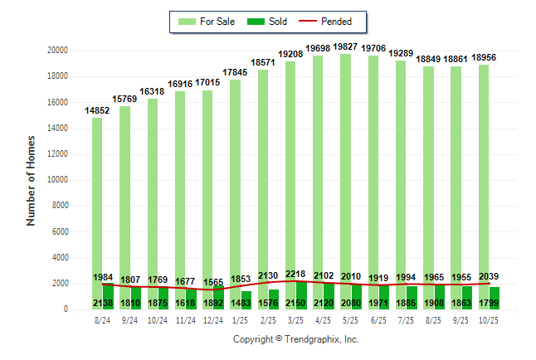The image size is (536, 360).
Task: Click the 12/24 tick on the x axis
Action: (x=213, y=319)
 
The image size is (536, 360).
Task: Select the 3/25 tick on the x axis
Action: (x=296, y=319)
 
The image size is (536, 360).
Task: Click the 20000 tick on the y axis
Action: (x=57, y=51)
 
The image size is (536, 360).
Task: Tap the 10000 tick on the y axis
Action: (x=57, y=180)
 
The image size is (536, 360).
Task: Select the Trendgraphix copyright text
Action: (x=295, y=339)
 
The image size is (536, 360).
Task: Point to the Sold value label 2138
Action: (x=103, y=303)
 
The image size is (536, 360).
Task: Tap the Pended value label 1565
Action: (x=213, y=283)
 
